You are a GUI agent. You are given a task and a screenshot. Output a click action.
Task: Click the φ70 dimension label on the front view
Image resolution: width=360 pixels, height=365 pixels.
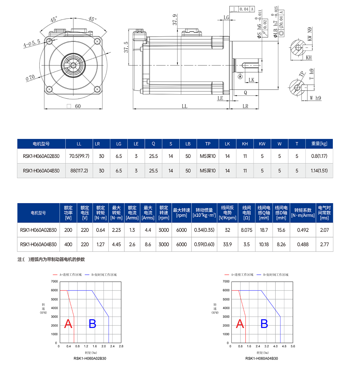click(x=30, y=78)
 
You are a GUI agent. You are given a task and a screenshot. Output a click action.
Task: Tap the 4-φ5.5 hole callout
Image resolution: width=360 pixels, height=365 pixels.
click(x=31, y=43)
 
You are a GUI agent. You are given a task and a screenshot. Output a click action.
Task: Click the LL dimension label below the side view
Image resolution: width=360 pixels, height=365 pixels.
click(x=185, y=106)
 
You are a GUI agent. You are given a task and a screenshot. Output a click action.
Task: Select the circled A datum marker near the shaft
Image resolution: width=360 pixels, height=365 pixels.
click(x=240, y=77)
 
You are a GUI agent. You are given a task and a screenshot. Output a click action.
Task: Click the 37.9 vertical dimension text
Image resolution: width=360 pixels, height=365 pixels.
click(x=175, y=20)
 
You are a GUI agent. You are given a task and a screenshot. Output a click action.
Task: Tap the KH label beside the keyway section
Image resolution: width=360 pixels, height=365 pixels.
click(x=309, y=58)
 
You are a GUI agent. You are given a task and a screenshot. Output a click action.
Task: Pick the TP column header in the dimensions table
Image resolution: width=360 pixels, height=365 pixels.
click(x=208, y=144)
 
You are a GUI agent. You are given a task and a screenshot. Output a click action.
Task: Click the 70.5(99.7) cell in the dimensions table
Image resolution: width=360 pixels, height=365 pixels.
click(x=79, y=156)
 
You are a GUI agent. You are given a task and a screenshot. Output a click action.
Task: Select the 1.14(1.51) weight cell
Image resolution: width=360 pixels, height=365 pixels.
click(x=319, y=170)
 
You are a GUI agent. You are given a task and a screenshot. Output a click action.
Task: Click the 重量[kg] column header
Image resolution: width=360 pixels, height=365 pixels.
click(x=319, y=144)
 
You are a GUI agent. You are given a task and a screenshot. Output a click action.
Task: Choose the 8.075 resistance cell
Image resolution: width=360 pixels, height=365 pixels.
click(x=246, y=230)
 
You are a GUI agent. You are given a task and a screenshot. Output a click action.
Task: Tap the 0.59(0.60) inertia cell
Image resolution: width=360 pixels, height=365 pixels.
click(x=204, y=244)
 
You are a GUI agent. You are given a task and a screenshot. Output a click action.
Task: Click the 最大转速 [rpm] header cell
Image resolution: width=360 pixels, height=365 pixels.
click(x=181, y=213)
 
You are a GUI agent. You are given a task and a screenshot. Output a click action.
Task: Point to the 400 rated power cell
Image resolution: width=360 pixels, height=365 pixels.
click(x=68, y=244)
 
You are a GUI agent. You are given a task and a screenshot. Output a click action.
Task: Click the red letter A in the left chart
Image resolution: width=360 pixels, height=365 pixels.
click(x=68, y=324)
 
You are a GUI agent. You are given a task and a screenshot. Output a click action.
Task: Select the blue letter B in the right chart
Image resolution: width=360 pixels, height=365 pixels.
click(x=264, y=324)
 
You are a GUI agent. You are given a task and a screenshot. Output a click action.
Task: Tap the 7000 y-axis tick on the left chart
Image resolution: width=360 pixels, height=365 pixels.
click(x=54, y=281)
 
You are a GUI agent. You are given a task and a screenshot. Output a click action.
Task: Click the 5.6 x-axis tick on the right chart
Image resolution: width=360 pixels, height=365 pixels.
click(x=293, y=346)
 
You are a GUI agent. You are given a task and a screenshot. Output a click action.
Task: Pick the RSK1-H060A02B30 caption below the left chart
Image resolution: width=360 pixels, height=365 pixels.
click(x=90, y=358)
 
